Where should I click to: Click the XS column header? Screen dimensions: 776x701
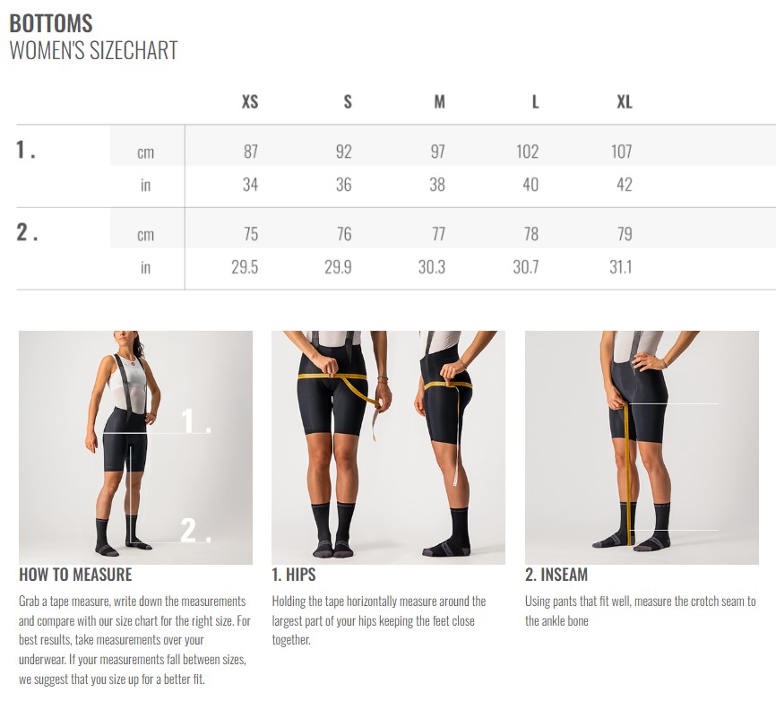click(x=250, y=102)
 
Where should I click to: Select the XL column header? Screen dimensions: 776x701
click(x=625, y=102)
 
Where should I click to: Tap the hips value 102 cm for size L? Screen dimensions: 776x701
click(x=528, y=151)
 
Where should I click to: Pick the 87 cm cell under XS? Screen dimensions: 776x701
click(x=251, y=151)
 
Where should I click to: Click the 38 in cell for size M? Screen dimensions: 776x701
click(x=437, y=185)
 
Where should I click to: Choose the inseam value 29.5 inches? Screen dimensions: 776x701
click(x=245, y=267)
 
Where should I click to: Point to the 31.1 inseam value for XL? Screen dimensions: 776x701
click(x=621, y=267)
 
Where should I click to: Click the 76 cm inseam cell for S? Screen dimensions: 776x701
click(x=344, y=234)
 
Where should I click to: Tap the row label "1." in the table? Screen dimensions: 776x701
click(x=26, y=150)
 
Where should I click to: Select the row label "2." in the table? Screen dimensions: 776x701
click(x=27, y=232)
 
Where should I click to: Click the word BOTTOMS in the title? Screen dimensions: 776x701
click(x=51, y=23)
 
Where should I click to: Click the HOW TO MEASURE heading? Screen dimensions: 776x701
click(x=76, y=575)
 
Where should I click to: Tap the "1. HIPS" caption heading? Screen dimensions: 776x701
click(x=294, y=575)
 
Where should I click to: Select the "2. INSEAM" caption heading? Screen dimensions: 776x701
click(x=556, y=575)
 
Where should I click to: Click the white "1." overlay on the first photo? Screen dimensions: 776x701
click(x=196, y=421)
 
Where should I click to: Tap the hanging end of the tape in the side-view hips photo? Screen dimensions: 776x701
click(x=455, y=481)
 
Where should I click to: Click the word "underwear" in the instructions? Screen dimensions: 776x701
click(x=41, y=660)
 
